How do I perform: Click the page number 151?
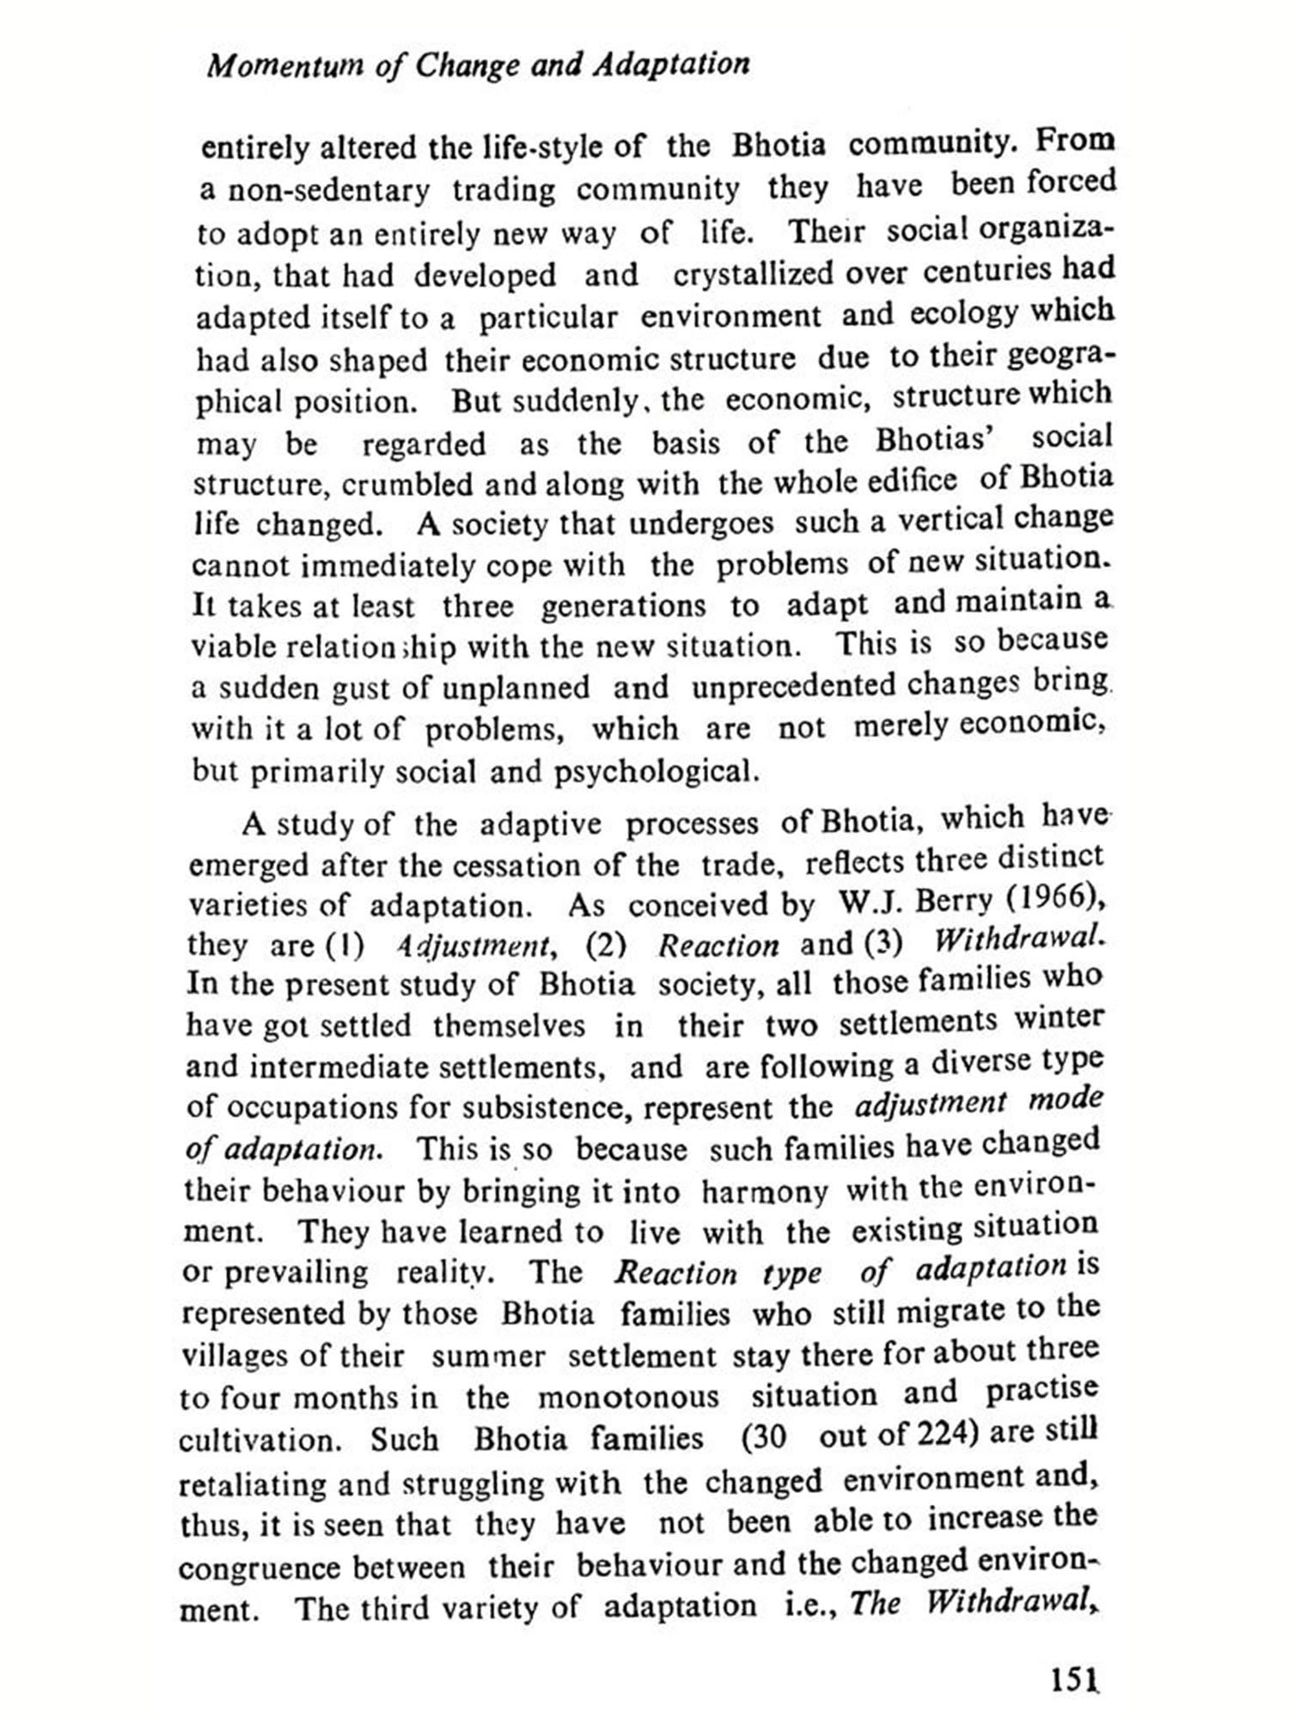[1074, 1678]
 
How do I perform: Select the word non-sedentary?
[327, 191]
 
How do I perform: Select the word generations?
[623, 606]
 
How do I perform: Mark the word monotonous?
[628, 1397]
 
